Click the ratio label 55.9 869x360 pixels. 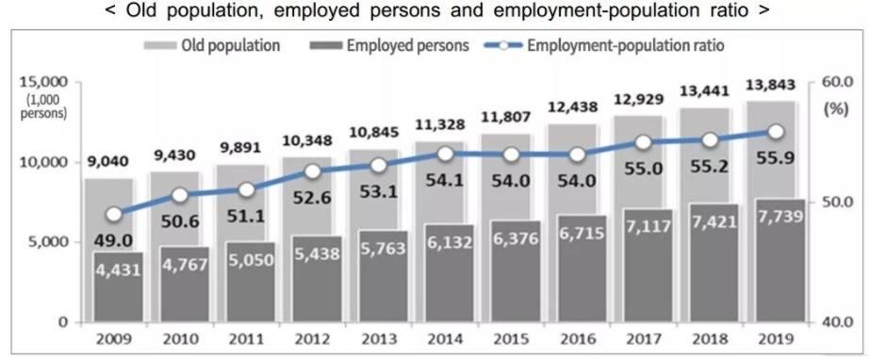coord(779,162)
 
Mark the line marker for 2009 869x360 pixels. coord(114,214)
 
